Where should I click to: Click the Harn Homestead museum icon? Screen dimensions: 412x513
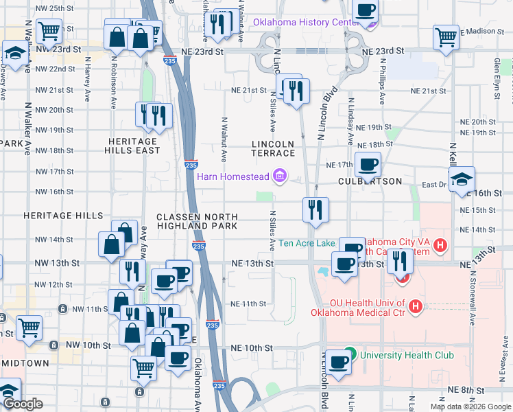click(x=279, y=177)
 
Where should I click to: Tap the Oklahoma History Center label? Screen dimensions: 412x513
click(x=307, y=22)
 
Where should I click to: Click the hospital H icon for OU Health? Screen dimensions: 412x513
click(x=414, y=307)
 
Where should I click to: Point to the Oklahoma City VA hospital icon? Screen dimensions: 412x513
click(x=440, y=244)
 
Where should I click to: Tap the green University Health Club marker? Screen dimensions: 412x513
click(x=350, y=355)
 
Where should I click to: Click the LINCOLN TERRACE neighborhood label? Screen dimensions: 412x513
click(x=273, y=149)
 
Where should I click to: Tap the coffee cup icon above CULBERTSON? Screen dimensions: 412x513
click(x=368, y=165)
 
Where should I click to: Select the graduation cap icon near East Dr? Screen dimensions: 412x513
click(x=463, y=180)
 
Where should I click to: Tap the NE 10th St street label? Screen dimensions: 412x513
click(x=252, y=349)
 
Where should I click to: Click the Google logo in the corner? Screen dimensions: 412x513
click(x=23, y=404)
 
